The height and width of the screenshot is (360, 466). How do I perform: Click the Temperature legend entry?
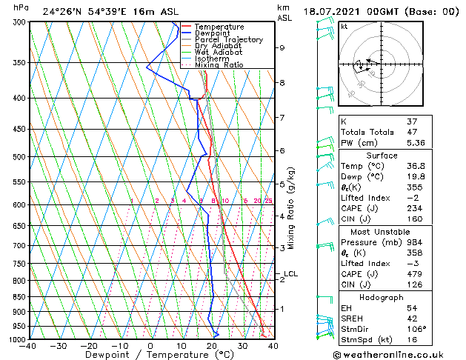220,27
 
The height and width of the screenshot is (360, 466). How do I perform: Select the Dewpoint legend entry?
215,33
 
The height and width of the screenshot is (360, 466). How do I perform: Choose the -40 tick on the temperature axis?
29,346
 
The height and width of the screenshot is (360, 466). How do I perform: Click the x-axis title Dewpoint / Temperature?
150,355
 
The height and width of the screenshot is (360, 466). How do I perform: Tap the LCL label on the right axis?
290,274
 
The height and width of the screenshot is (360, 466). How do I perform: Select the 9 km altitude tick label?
282,47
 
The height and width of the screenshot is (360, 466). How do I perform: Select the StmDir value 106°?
436,328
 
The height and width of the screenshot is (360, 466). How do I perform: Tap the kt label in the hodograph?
344,26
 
